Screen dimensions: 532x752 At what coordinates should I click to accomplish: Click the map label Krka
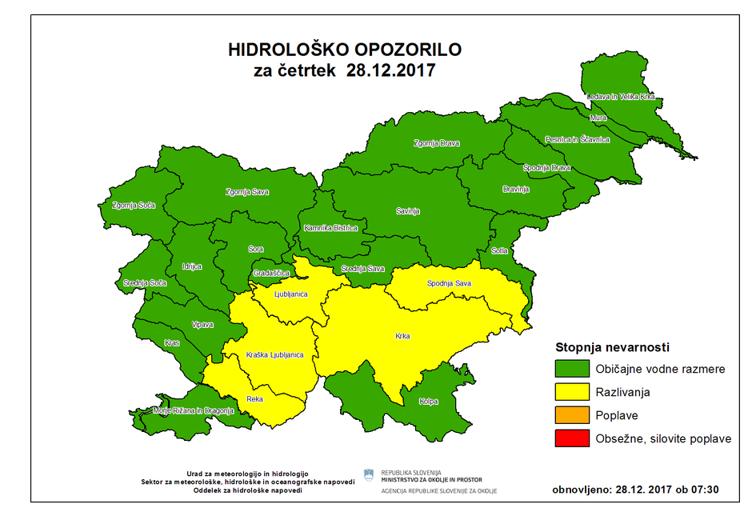point(402,336)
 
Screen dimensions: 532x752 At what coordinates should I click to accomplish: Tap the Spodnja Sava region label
point(449,284)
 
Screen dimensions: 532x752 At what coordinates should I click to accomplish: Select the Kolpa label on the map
point(428,402)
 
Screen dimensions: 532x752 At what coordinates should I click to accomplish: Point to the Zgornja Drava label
point(437,144)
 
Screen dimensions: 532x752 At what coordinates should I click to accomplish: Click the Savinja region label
point(408,212)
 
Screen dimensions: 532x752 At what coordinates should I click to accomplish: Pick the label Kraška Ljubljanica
point(274,354)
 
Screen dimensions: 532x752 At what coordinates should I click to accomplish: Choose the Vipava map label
point(202,324)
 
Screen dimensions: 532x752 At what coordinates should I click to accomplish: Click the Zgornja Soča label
point(134,205)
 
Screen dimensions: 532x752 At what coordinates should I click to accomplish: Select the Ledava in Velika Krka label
point(621,97)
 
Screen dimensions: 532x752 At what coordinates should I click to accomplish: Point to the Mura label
point(598,118)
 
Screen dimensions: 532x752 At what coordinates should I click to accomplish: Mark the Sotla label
point(500,250)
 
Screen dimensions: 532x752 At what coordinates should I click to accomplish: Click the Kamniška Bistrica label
point(330,228)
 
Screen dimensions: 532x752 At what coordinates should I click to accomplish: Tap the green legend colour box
point(571,370)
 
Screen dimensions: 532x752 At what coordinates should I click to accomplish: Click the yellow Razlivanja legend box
point(571,393)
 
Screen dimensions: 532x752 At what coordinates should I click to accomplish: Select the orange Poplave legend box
point(571,416)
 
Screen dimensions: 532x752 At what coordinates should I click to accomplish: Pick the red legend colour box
point(571,438)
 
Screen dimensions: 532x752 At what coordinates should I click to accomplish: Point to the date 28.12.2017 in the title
point(390,70)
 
